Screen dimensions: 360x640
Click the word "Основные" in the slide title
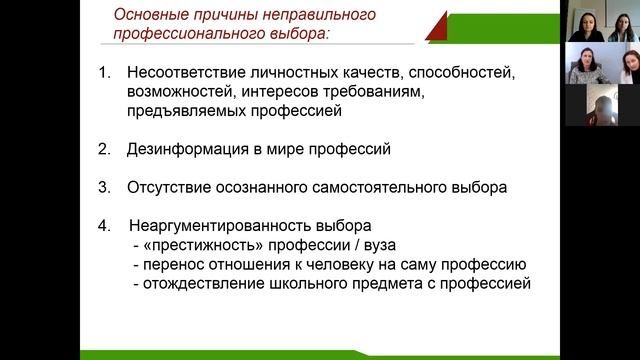[x=146, y=14]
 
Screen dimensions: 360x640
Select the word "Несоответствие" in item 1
[x=190, y=75]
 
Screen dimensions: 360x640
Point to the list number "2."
[x=105, y=150]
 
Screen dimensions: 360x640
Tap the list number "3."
[x=105, y=187]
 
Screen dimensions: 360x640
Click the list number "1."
[x=105, y=75]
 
